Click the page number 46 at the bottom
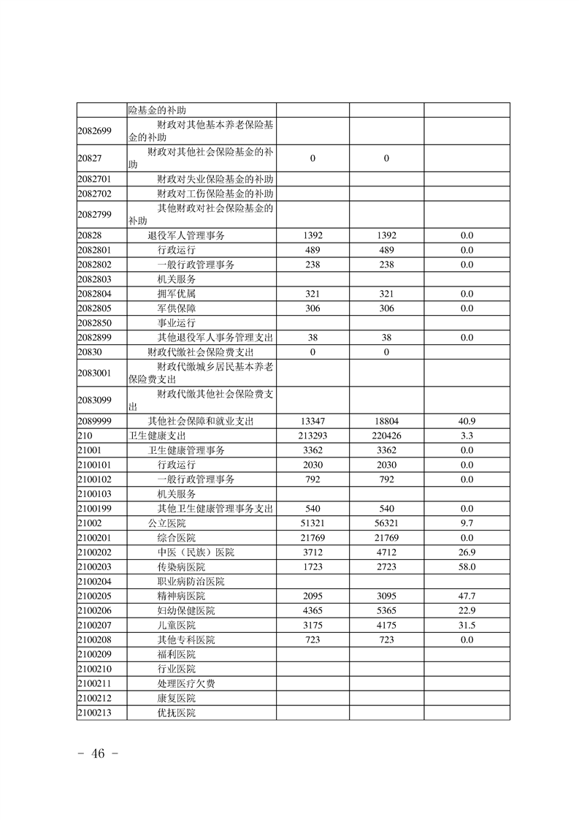99,754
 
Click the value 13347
312,421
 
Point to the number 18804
387,421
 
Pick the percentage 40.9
467,421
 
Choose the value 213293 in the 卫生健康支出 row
312,436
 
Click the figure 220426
387,436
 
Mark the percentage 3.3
467,436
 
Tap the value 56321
387,523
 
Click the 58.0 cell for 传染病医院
467,567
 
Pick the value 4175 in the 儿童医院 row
387,626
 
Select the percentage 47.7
467,596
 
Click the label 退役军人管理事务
186,235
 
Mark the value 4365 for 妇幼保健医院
312,611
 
